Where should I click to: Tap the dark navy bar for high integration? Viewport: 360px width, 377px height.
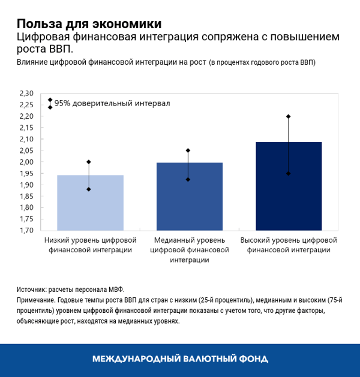tap(288, 186)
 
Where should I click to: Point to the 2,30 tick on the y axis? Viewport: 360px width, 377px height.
tap(27, 94)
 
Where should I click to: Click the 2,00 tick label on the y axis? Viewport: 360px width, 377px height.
tap(27, 162)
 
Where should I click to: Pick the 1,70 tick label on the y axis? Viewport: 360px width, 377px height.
tap(27, 230)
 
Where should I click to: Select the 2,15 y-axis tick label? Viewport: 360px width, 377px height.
tap(27, 128)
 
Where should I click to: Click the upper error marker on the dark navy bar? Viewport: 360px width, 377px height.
tap(288, 116)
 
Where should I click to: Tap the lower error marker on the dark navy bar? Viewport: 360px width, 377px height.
tap(288, 173)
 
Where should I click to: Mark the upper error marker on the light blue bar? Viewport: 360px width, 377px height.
tap(89, 162)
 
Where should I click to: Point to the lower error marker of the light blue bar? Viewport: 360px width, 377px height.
tap(89, 189)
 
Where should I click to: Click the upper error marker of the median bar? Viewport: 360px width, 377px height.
tap(188, 150)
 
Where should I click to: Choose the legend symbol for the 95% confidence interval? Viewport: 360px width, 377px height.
tap(50, 103)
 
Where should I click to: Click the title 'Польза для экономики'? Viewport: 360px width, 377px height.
tap(89, 24)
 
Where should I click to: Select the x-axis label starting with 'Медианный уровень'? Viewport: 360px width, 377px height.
tap(188, 249)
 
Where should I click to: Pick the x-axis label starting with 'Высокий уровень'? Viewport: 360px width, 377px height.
tap(288, 245)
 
